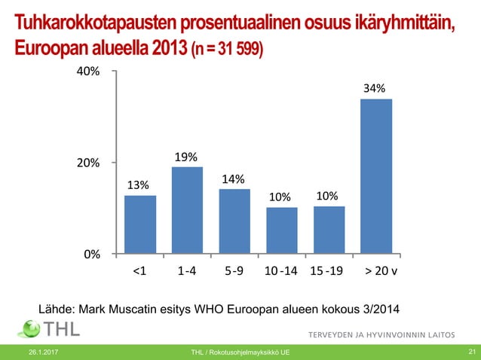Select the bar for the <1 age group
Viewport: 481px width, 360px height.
[140, 224]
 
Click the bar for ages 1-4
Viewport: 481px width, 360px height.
[187, 209]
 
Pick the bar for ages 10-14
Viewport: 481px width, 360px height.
[282, 230]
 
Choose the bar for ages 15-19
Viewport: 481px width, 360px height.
[329, 229]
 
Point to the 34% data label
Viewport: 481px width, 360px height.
[375, 88]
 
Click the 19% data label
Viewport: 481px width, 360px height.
[186, 157]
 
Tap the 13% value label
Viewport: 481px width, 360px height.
[138, 185]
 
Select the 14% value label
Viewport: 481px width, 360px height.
[233, 178]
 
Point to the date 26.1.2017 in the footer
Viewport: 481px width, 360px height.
[44, 352]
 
